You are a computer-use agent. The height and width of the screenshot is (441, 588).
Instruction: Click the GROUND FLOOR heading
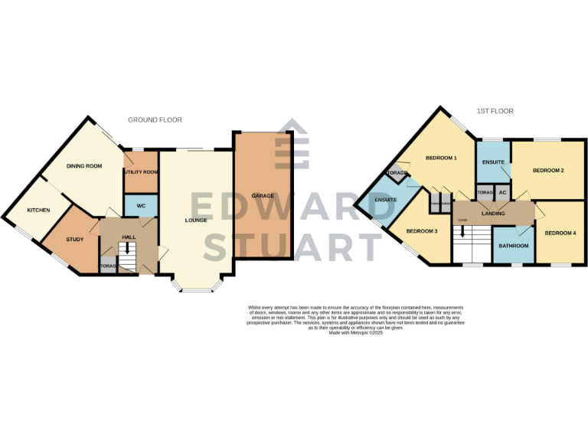pyautogui.click(x=155, y=120)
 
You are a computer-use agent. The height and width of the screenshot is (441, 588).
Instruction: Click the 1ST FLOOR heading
pyautogui.click(x=495, y=111)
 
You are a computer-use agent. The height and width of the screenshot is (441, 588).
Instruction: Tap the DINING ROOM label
pyautogui.click(x=84, y=166)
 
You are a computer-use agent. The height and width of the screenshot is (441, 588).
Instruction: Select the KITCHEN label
pyautogui.click(x=39, y=210)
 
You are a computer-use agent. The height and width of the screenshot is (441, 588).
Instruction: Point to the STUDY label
pyautogui.click(x=74, y=240)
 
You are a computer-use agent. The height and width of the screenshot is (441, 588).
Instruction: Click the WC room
pyautogui.click(x=141, y=206)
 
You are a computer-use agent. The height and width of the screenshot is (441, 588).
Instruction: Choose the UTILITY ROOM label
pyautogui.click(x=141, y=172)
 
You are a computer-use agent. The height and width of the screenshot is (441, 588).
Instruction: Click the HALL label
pyautogui.click(x=129, y=237)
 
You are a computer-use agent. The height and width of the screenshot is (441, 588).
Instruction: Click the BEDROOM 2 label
pyautogui.click(x=548, y=171)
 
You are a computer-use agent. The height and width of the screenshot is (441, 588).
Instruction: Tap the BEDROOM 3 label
pyautogui.click(x=422, y=231)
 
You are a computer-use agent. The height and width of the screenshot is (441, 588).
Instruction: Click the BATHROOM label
pyautogui.click(x=513, y=246)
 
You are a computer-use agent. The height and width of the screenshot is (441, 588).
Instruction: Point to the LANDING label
pyautogui.click(x=493, y=213)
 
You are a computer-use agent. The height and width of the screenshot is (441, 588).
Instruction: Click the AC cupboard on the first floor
pyautogui.click(x=502, y=192)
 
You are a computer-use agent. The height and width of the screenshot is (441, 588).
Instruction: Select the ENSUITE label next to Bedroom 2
pyautogui.click(x=494, y=162)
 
